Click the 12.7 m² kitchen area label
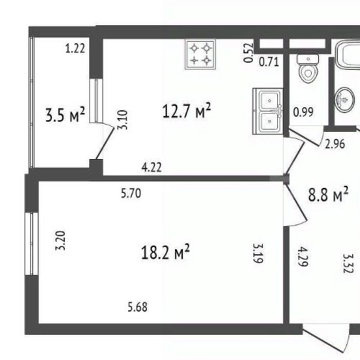pos(185,111)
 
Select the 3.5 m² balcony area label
pos(65,115)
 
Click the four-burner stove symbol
pos(202,54)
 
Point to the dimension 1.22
pos(75,49)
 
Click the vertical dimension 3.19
pos(257,252)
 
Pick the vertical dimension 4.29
pos(303,256)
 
